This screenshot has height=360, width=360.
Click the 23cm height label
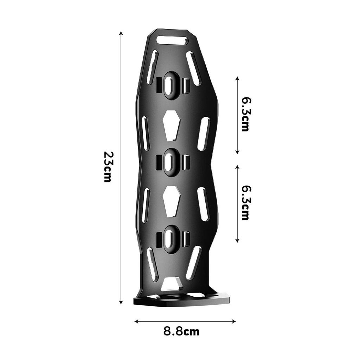click(x=108, y=167)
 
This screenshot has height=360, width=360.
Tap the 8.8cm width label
click(x=181, y=331)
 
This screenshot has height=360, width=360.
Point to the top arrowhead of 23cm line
click(x=121, y=32)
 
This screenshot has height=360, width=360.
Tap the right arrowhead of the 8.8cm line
click(x=234, y=321)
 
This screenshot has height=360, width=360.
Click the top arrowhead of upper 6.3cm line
click(x=237, y=77)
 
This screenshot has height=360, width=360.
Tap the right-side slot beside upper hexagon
click(x=204, y=134)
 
